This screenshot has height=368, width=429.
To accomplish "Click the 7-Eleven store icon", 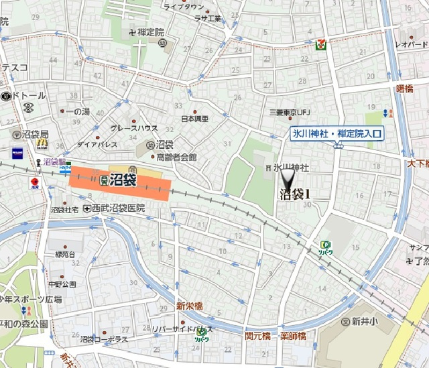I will [x=321, y=45].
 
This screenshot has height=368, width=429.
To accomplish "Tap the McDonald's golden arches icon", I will [x=42, y=143].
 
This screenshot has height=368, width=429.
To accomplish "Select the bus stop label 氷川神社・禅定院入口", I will [x=336, y=135].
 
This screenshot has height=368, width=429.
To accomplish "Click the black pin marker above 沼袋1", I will [x=288, y=179].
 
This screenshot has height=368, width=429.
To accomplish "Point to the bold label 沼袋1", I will [x=295, y=194].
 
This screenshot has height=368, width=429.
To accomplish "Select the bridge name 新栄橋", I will [x=190, y=306].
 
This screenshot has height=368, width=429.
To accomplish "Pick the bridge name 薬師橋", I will [x=293, y=335].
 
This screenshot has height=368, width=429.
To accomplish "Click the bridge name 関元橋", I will [x=258, y=335].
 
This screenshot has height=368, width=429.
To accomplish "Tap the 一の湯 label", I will [x=79, y=111].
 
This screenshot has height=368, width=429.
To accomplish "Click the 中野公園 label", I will [x=62, y=284].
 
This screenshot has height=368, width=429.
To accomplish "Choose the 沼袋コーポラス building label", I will [x=104, y=340].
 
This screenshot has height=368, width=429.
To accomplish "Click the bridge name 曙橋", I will [x=404, y=88].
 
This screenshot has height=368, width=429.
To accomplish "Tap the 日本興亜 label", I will [x=194, y=119].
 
